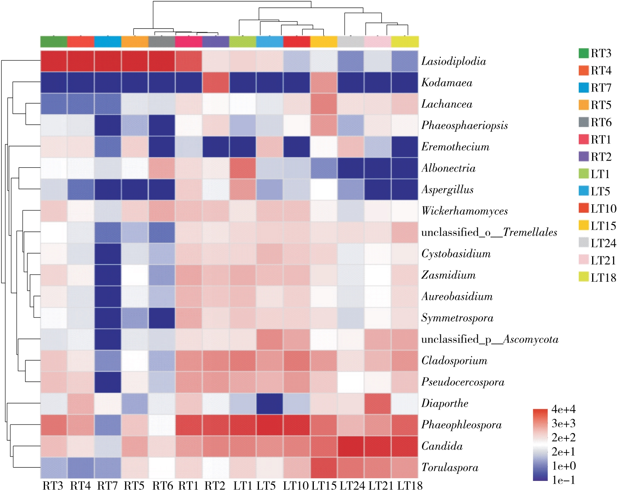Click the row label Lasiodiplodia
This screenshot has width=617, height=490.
pyautogui.click(x=454, y=61)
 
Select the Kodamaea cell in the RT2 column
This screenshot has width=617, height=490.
pyautogui.click(x=216, y=82)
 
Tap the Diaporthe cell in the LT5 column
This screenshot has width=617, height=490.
pyautogui.click(x=270, y=403)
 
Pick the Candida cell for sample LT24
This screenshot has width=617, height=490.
pyautogui.click(x=351, y=446)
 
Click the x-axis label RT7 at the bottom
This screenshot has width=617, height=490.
pyautogui.click(x=108, y=485)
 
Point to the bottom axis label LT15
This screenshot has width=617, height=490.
pyautogui.click(x=324, y=485)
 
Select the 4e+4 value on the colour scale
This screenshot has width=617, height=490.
pyautogui.click(x=563, y=409)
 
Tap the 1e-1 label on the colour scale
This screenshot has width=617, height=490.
pyautogui.click(x=563, y=480)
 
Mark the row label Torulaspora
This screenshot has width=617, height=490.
pyautogui.click(x=450, y=468)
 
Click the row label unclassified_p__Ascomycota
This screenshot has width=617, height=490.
pyautogui.click(x=489, y=339)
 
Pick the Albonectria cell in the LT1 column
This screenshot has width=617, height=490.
pyautogui.click(x=242, y=168)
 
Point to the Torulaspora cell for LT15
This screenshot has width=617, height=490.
pyautogui.click(x=324, y=468)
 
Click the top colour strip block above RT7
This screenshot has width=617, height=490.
pyautogui.click(x=108, y=41)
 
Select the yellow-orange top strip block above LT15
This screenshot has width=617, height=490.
pyautogui.click(x=324, y=41)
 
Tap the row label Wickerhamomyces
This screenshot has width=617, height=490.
pyautogui.click(x=464, y=211)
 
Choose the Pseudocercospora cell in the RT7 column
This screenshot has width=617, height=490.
pyautogui.click(x=108, y=382)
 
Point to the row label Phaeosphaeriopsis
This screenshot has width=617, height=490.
pyautogui.click(x=464, y=125)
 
